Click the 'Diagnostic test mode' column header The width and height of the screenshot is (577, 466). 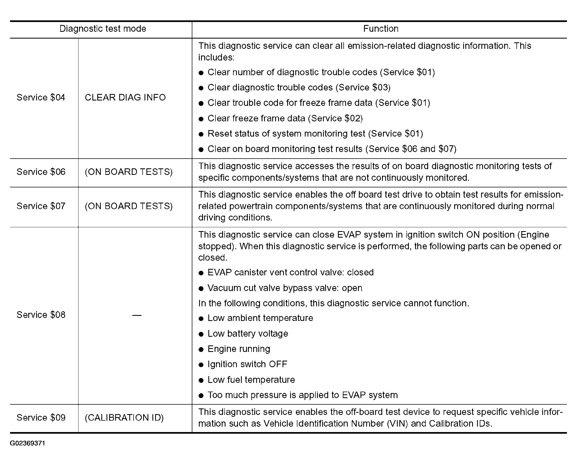(x=103, y=29)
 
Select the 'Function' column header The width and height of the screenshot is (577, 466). (x=381, y=29)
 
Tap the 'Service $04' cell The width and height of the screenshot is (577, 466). (x=41, y=97)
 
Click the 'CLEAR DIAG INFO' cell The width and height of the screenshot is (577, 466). (x=125, y=97)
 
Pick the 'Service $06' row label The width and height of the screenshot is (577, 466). (x=41, y=172)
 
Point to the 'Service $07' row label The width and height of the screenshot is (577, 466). (x=41, y=206)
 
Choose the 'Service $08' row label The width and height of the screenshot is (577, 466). (x=41, y=315)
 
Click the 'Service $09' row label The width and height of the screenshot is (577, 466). (x=41, y=417)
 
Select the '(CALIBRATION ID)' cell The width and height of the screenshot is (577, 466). (x=124, y=417)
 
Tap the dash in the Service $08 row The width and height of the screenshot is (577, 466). (x=137, y=315)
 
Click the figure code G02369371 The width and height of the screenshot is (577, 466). (x=27, y=443)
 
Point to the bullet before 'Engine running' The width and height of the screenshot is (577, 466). (x=201, y=349)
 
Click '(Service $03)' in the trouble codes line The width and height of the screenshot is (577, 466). (x=363, y=87)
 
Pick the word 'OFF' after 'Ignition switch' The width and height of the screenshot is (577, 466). (x=278, y=364)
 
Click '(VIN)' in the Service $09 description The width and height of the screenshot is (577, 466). (x=397, y=423)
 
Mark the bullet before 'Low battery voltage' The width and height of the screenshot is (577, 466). (x=201, y=334)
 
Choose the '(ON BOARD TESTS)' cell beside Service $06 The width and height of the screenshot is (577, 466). (x=128, y=172)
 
